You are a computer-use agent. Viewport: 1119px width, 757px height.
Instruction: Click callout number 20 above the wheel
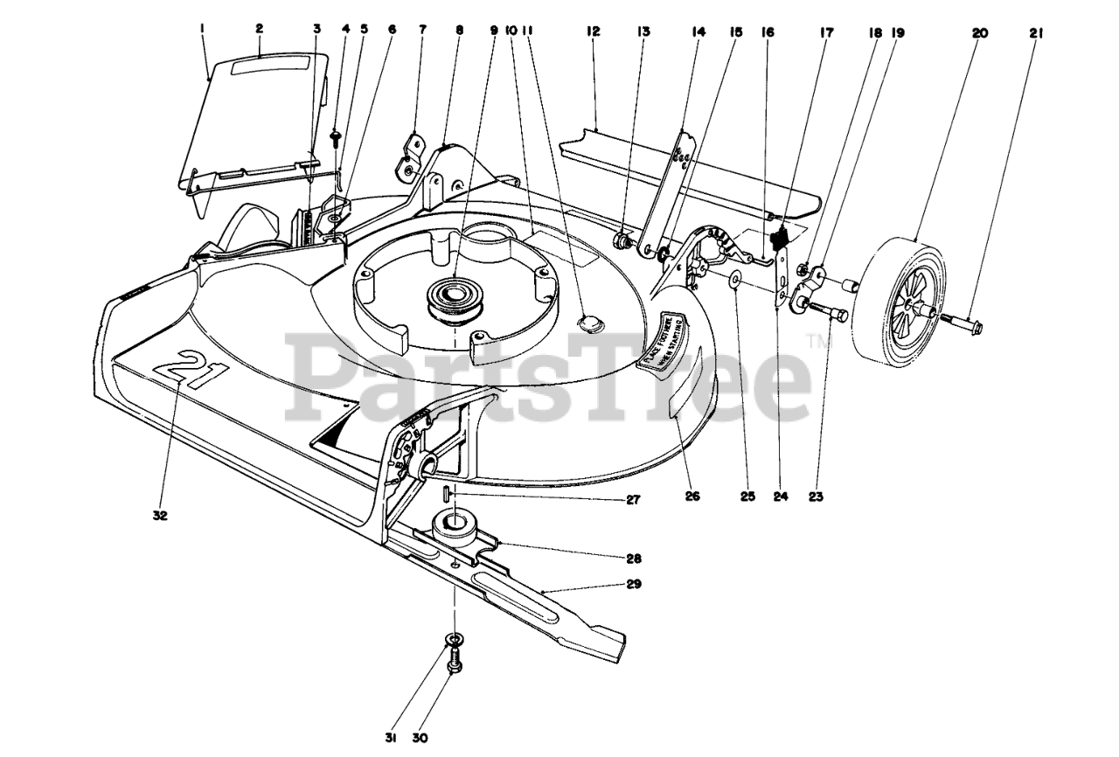pos(979,32)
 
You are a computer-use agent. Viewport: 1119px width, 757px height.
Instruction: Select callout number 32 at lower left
pos(159,516)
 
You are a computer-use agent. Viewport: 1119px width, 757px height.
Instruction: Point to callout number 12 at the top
pos(594,31)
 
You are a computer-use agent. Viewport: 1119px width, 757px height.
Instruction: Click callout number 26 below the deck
pos(692,497)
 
